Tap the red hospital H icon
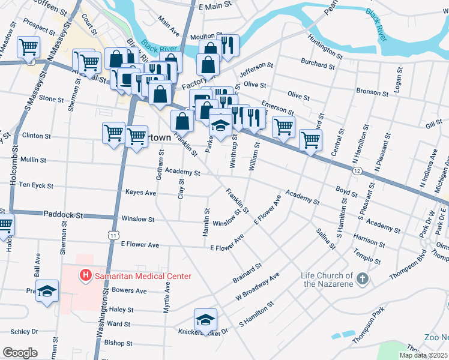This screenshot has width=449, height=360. (86, 275)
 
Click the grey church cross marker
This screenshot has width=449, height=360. (362, 279)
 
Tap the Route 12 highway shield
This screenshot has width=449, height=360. (357, 171)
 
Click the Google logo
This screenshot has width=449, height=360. (20, 352)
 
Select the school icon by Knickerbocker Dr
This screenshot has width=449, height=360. (205, 319)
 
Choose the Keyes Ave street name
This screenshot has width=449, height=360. (140, 193)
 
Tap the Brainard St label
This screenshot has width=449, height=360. (247, 273)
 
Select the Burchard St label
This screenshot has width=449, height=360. (322, 61)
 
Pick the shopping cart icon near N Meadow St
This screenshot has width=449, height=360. (29, 47)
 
